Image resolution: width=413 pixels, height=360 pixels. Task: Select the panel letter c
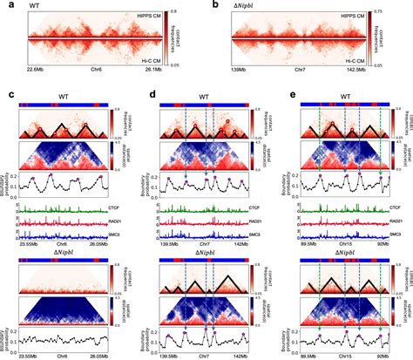click(6, 92)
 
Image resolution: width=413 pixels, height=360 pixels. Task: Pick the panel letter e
click(278, 92)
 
